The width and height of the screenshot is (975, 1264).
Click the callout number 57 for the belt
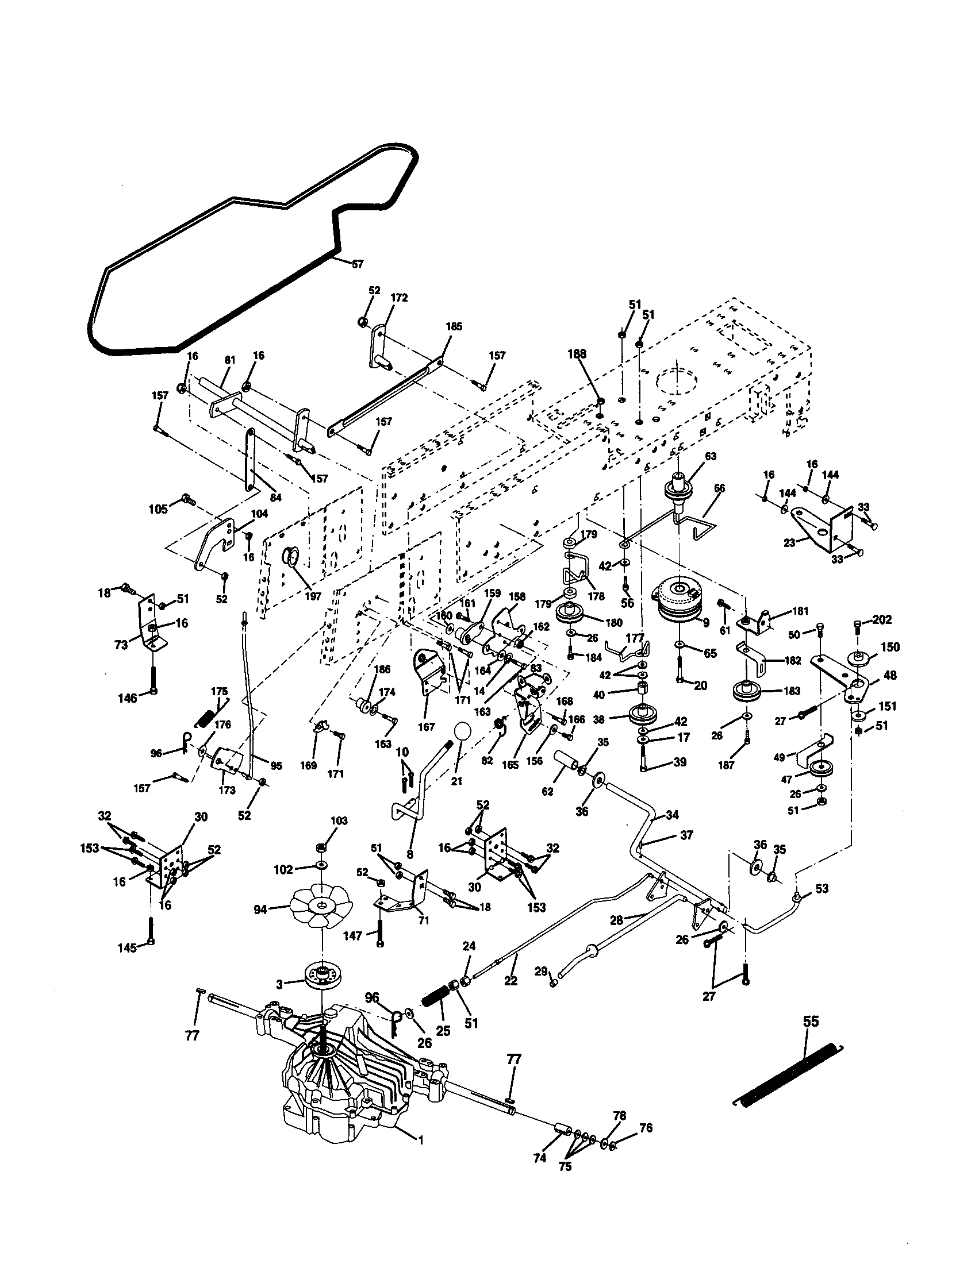[357, 264]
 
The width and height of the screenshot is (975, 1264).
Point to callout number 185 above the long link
[454, 326]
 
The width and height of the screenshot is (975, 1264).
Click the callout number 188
[577, 354]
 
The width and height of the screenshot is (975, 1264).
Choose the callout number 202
[882, 620]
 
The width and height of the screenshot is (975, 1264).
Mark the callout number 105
[158, 508]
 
